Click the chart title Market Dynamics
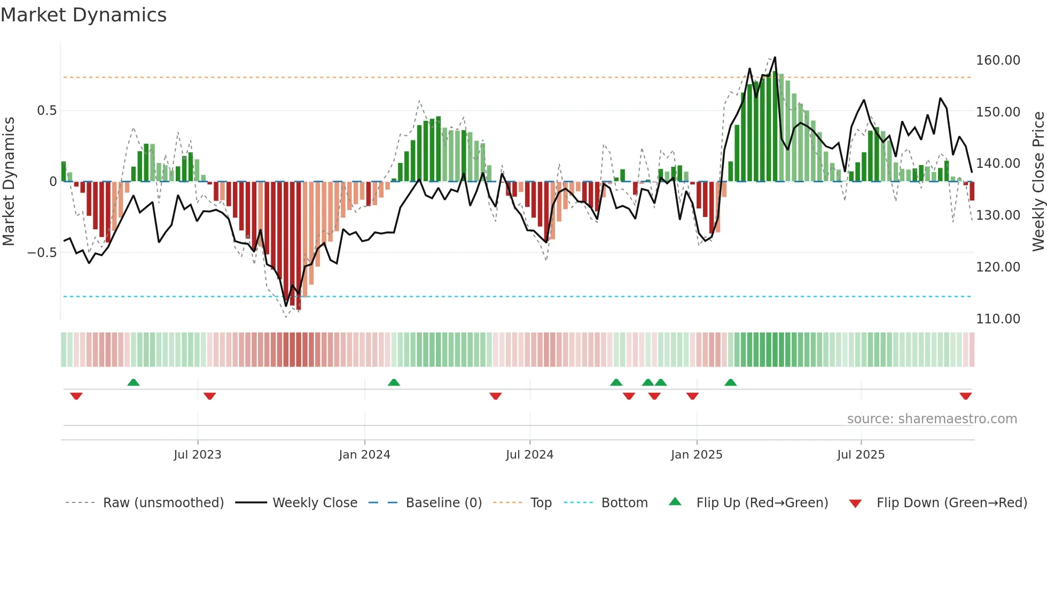click(x=84, y=15)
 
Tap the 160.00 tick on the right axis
click(x=998, y=60)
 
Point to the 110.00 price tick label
click(x=998, y=319)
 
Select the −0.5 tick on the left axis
click(x=42, y=252)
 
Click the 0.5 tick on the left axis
click(x=46, y=111)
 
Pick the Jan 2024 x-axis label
click(x=364, y=455)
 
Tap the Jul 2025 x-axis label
click(x=861, y=455)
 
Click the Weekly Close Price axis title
click(x=1038, y=182)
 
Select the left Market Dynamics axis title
click(x=9, y=182)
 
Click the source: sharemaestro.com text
click(x=932, y=419)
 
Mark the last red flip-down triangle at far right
click(x=965, y=396)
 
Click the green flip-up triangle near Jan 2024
click(x=394, y=382)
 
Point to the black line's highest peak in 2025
click(x=775, y=57)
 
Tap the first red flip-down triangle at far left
click(x=76, y=396)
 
